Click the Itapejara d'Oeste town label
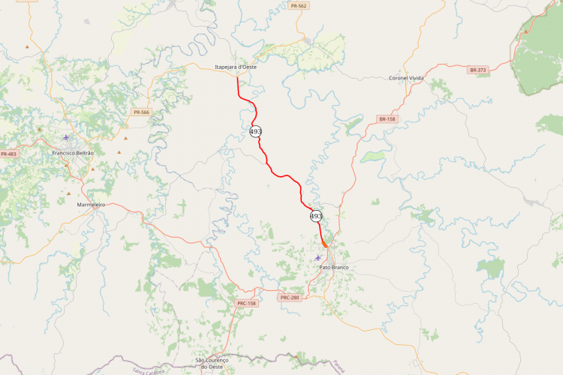(236, 67)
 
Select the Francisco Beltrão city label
(73, 152)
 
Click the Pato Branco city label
(334, 267)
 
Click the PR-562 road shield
(298, 6)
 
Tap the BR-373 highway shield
(477, 70)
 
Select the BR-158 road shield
(387, 119)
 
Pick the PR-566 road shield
(141, 112)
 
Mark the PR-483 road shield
(8, 154)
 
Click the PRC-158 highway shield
(246, 303)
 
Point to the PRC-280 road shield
(290, 298)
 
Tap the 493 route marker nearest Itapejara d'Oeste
(255, 131)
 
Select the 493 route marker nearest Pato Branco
(316, 216)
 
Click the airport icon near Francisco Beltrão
(67, 137)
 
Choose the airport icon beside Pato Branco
(318, 259)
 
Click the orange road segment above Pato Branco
(324, 244)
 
